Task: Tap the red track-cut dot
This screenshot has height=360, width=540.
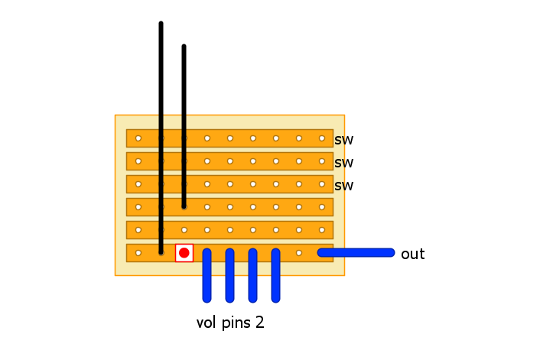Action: (x=184, y=253)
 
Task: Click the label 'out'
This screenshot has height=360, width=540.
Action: (x=412, y=255)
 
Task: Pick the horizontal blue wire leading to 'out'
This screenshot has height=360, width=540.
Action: (x=356, y=253)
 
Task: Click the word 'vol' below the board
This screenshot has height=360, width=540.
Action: (x=207, y=323)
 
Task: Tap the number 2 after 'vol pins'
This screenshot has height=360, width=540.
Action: (x=260, y=323)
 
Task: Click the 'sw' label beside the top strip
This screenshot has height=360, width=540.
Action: (x=343, y=140)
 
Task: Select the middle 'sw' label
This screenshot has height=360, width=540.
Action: (x=343, y=163)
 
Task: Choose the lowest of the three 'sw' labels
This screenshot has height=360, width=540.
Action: (x=343, y=186)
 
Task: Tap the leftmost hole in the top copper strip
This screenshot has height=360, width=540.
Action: (x=138, y=138)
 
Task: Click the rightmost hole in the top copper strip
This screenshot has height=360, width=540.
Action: (x=321, y=138)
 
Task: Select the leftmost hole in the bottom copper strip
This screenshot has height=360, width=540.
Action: (x=138, y=253)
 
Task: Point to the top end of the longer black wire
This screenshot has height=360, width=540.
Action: (x=161, y=24)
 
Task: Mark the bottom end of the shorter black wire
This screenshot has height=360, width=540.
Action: (x=184, y=206)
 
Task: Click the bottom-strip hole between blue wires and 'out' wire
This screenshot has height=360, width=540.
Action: (x=298, y=253)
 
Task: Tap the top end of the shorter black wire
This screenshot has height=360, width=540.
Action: (x=184, y=47)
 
